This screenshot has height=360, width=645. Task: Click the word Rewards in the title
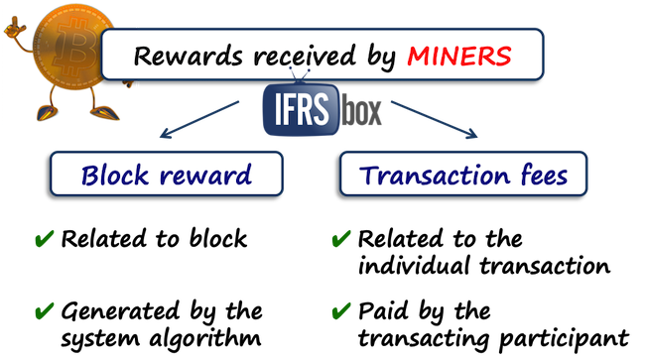click(176, 56)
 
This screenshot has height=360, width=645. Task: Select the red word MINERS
click(458, 56)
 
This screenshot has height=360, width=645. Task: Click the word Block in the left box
click(114, 176)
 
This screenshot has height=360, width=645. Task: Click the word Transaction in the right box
click(427, 176)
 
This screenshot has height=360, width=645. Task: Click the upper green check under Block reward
click(46, 239)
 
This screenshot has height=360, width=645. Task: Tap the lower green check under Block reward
click(46, 311)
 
